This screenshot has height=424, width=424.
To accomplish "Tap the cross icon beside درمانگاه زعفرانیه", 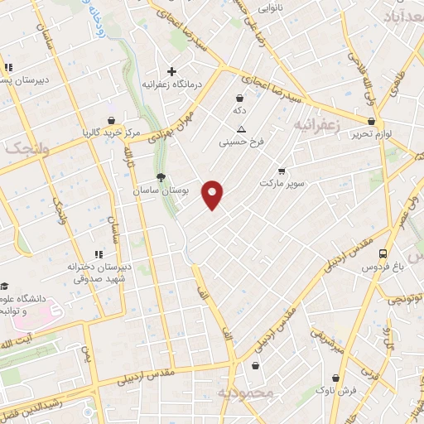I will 171,71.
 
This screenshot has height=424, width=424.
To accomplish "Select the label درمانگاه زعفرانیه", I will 172,84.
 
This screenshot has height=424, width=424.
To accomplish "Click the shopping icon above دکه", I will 239,98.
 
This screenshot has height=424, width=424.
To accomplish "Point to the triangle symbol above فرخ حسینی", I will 241,129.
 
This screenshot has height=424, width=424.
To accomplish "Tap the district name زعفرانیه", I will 316,124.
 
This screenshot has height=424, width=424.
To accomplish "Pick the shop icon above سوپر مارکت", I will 282,168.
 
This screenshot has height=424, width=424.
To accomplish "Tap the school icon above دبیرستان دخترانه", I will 99,254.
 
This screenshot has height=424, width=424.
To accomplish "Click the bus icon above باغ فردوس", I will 382,254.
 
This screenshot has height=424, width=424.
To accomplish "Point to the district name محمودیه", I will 244,393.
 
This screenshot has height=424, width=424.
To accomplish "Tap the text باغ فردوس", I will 382,268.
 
